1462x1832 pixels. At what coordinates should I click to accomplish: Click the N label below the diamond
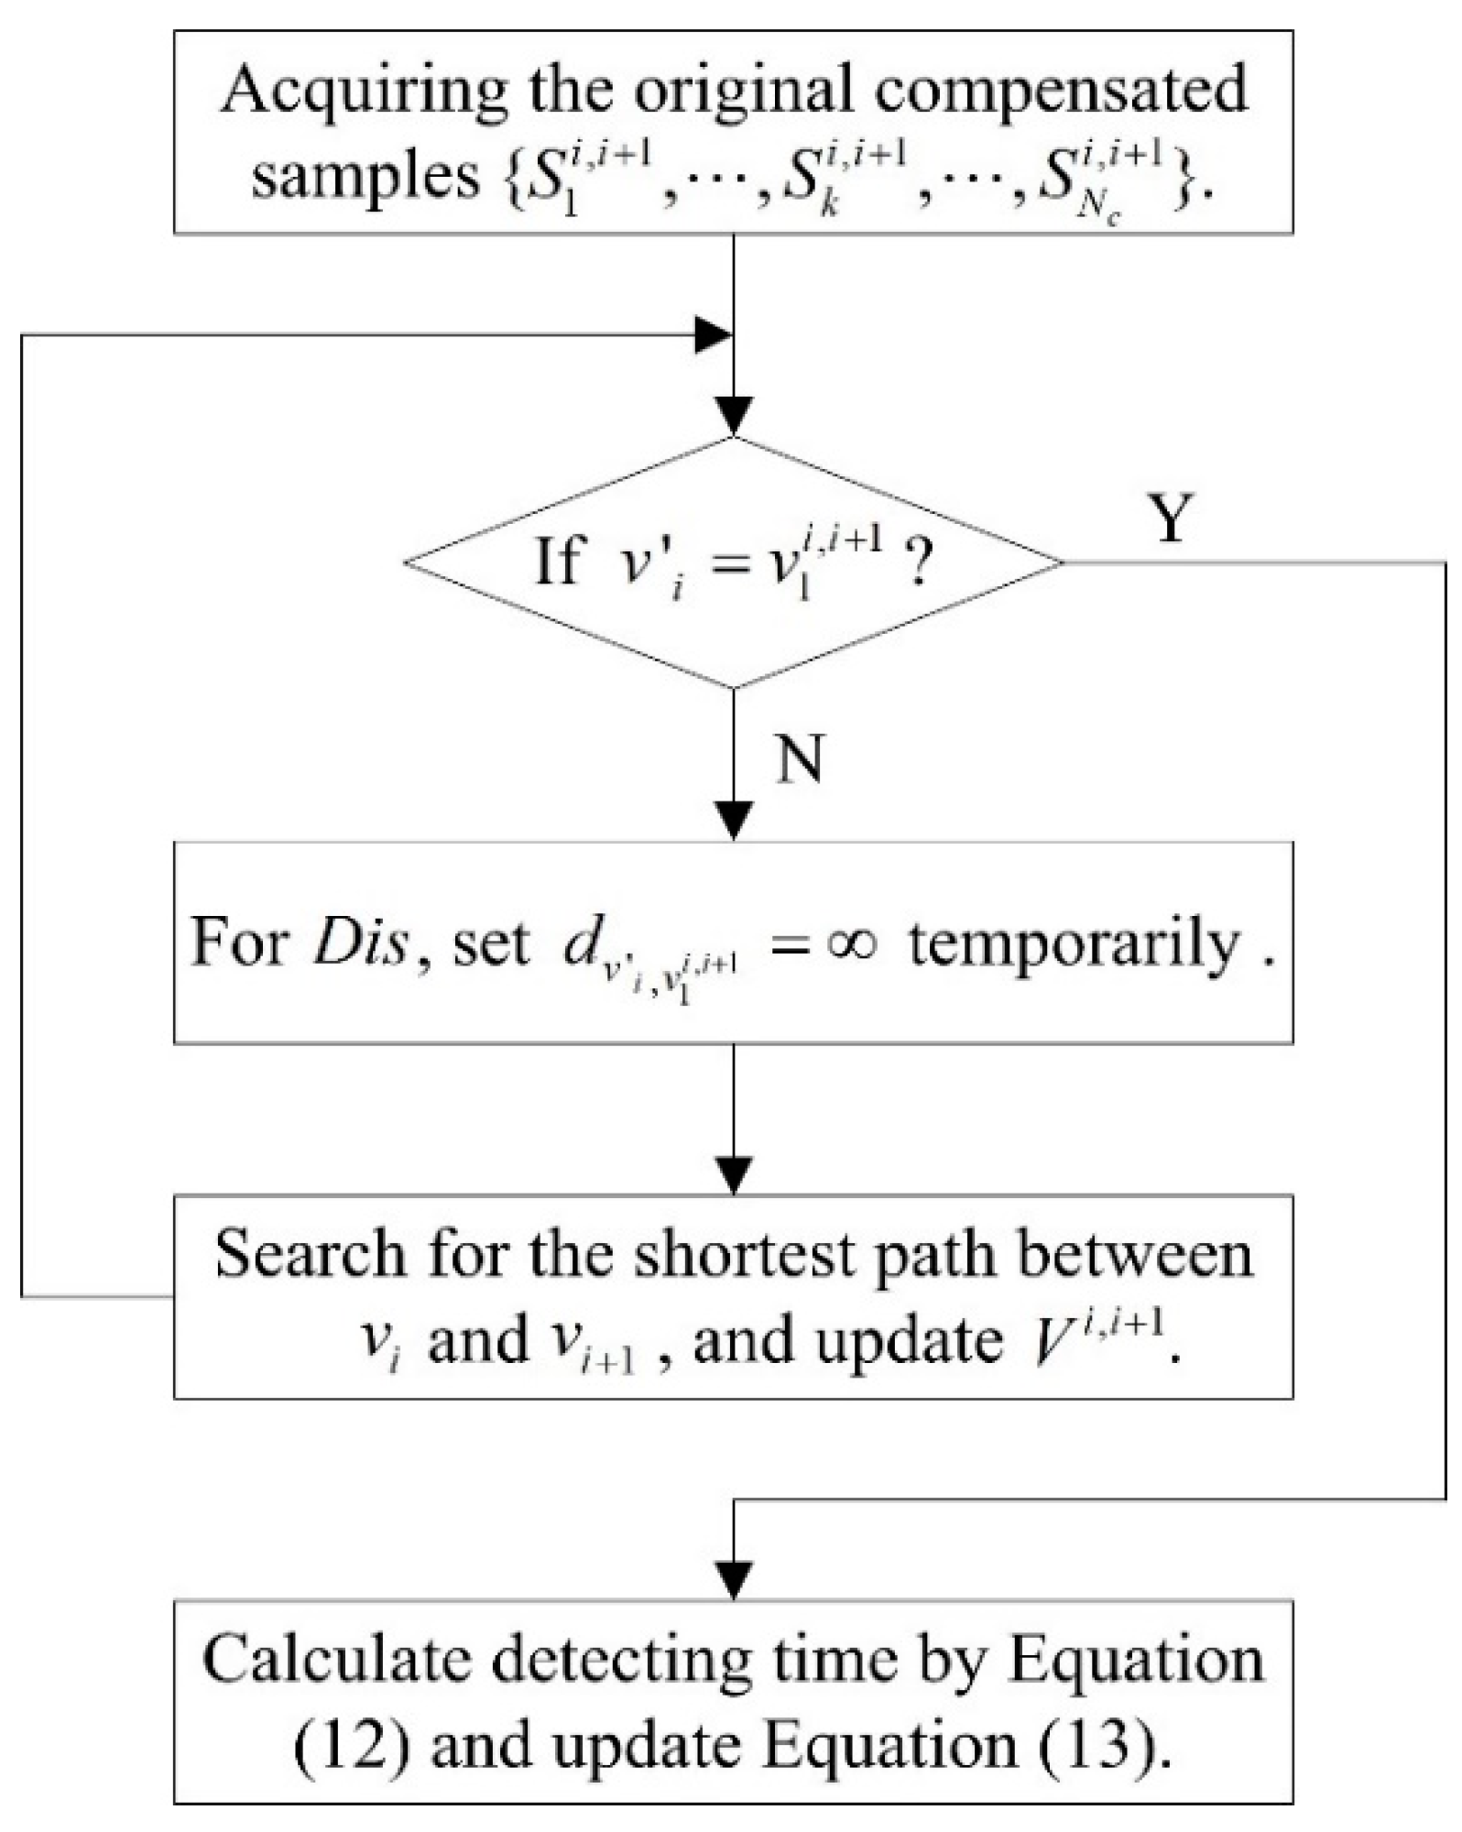799,759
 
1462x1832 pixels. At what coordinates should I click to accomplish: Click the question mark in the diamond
919,562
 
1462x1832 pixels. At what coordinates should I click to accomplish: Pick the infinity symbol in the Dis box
851,943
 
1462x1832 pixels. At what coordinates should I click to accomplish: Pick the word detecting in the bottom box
611,1660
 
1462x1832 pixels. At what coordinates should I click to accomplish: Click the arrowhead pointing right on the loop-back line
713,335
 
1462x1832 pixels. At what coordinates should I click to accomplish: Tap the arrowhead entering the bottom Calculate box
734,1581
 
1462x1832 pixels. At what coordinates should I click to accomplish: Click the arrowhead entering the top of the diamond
734,416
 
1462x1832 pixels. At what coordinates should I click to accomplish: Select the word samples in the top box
365,176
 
